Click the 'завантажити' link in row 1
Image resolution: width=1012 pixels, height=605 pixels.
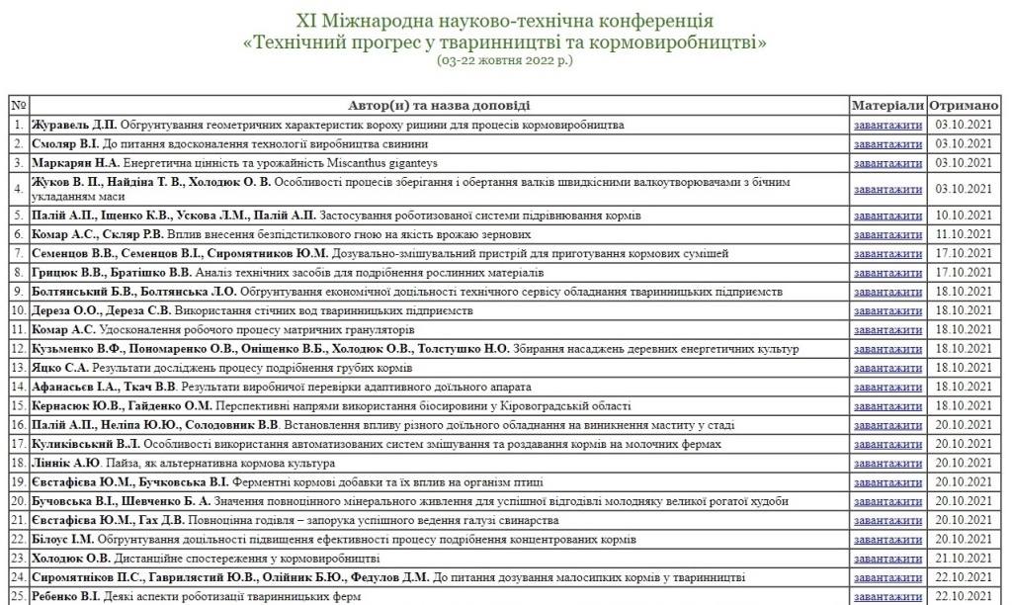point(887,126)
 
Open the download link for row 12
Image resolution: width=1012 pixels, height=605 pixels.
point(887,349)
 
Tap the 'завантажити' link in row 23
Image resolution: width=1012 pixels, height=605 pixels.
point(887,559)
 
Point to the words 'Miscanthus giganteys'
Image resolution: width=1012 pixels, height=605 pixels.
point(381,163)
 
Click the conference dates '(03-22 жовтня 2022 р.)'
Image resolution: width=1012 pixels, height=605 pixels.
point(505,60)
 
